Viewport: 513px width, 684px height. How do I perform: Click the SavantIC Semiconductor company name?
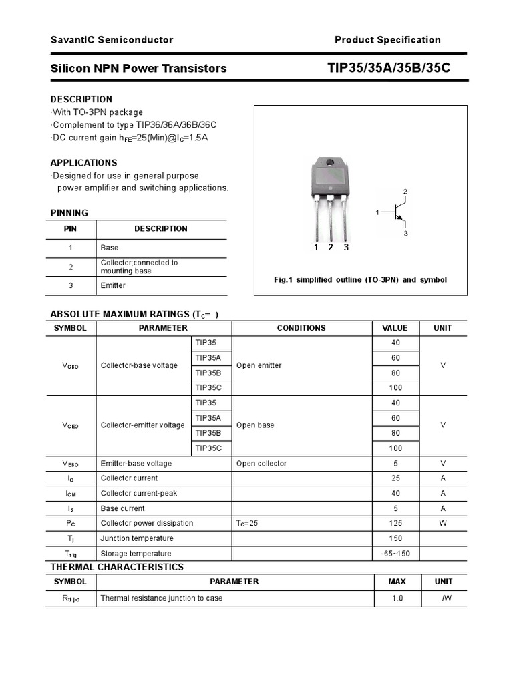point(112,40)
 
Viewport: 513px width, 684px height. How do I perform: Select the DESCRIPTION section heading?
point(81,99)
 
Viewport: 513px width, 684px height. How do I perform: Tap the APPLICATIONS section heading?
point(84,162)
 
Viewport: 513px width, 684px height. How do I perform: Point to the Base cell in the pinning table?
point(110,248)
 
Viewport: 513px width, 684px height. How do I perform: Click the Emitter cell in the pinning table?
point(113,285)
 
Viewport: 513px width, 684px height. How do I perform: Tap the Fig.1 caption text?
point(360,280)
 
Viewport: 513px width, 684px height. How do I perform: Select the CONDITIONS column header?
point(301,328)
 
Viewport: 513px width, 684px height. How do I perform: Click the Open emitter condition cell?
point(259,365)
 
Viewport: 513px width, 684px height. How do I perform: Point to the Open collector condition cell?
point(261,464)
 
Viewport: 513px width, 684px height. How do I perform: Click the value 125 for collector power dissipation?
point(396,523)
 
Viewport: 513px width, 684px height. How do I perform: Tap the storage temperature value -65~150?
point(396,554)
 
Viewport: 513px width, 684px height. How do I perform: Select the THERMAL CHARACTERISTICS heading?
point(117,567)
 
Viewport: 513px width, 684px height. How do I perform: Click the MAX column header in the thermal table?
point(397,582)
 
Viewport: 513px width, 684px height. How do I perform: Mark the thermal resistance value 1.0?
point(397,598)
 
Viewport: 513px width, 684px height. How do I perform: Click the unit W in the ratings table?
point(443,523)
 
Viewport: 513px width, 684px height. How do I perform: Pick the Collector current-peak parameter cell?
point(139,493)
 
